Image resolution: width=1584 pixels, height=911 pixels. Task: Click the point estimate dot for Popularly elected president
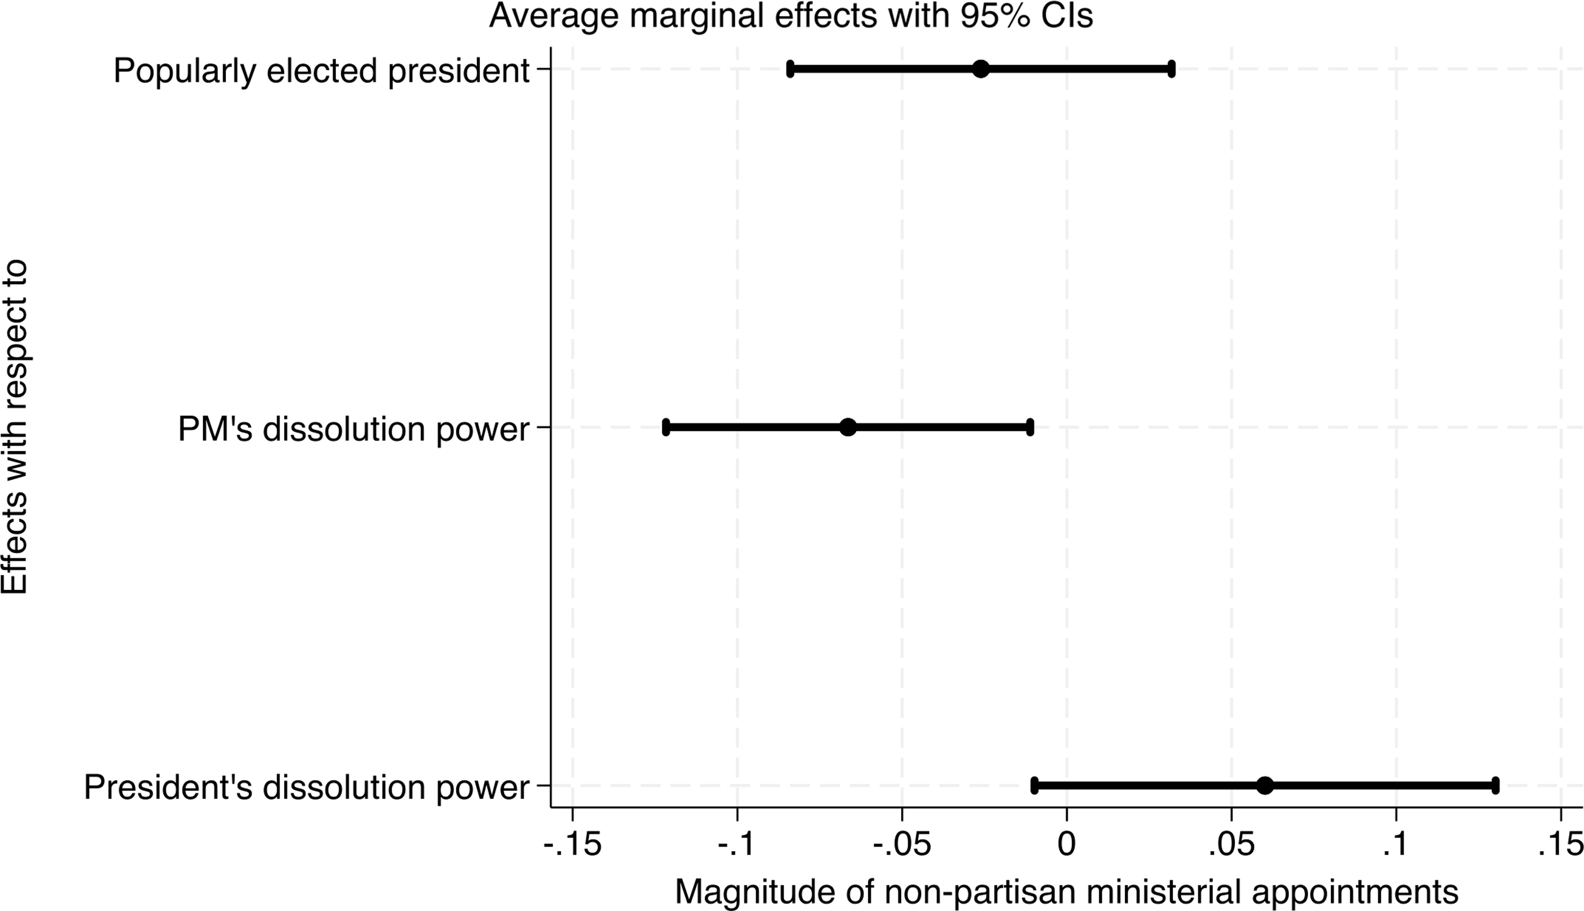tap(981, 70)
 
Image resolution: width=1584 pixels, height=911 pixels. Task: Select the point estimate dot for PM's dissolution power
tap(848, 427)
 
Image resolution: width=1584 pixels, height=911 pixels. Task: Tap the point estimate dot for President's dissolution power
tap(1265, 786)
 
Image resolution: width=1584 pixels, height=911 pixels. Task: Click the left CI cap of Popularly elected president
tap(790, 70)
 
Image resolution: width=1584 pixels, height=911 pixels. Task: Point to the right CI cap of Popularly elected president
tap(1171, 70)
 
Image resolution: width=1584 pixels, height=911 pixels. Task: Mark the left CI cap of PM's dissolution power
tap(666, 427)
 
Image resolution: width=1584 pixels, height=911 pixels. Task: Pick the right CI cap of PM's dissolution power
tap(1030, 427)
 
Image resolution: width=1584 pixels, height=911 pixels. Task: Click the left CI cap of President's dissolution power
tap(1034, 786)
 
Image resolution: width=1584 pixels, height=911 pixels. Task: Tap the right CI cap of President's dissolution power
tap(1495, 786)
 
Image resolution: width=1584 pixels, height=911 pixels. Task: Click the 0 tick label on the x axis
tap(1066, 845)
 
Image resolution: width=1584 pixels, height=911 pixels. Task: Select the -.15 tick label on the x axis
tap(573, 845)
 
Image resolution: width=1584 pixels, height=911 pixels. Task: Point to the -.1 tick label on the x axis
tap(737, 845)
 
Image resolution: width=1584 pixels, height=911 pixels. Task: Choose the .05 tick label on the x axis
tap(1231, 845)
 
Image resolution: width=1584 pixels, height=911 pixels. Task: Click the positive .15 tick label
tap(1560, 845)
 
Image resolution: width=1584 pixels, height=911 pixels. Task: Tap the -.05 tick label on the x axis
tap(901, 845)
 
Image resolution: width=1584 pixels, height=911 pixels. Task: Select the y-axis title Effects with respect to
tap(15, 427)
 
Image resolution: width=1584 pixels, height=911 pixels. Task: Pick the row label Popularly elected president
tap(321, 71)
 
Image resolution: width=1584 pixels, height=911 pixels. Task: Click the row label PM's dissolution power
tap(354, 429)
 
